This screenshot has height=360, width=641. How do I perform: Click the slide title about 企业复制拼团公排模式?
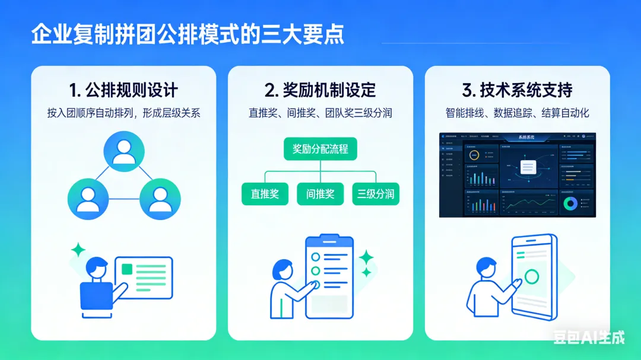coord(188,34)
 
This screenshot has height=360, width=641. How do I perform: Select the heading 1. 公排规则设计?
coord(123,90)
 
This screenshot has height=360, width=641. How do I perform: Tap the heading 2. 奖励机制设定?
coord(320,90)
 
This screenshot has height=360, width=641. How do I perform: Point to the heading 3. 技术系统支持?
coord(517,90)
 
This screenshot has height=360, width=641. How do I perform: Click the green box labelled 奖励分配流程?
coord(320,148)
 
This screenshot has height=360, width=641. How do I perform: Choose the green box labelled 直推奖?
coord(265,194)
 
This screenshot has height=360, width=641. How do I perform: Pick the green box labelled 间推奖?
coord(320,194)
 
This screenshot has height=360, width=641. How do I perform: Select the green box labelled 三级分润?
coord(376,194)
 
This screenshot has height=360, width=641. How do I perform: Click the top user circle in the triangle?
coord(123,151)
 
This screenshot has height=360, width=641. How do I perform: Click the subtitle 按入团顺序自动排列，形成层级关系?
coord(123,113)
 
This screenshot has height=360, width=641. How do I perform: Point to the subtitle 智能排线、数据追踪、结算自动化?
coord(517,113)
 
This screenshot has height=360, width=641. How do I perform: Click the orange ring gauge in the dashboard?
coord(474,156)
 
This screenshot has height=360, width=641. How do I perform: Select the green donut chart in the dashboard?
coord(571,204)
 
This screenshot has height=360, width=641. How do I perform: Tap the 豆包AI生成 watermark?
coord(589,337)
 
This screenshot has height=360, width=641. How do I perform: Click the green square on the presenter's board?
coord(126,269)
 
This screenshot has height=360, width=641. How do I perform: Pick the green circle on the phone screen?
coord(532,277)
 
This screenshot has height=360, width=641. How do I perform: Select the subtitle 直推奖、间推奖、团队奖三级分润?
coord(320,113)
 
